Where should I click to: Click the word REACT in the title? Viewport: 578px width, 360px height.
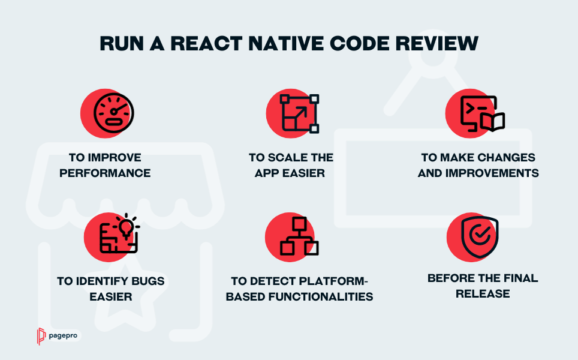[206, 44]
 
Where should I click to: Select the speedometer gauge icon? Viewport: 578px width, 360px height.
[113, 113]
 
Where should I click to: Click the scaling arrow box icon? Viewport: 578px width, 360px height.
[299, 113]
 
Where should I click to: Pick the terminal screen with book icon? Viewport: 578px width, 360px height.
[483, 114]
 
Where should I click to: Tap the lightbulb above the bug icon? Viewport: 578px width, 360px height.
[127, 227]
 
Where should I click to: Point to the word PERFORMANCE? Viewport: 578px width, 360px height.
[105, 173]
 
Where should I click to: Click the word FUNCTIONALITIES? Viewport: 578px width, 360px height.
[321, 296]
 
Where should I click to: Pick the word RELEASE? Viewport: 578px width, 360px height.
[483, 293]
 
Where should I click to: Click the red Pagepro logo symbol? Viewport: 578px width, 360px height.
[41, 336]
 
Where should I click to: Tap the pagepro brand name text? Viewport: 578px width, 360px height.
[63, 335]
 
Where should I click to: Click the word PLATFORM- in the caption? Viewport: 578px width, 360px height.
[333, 281]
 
